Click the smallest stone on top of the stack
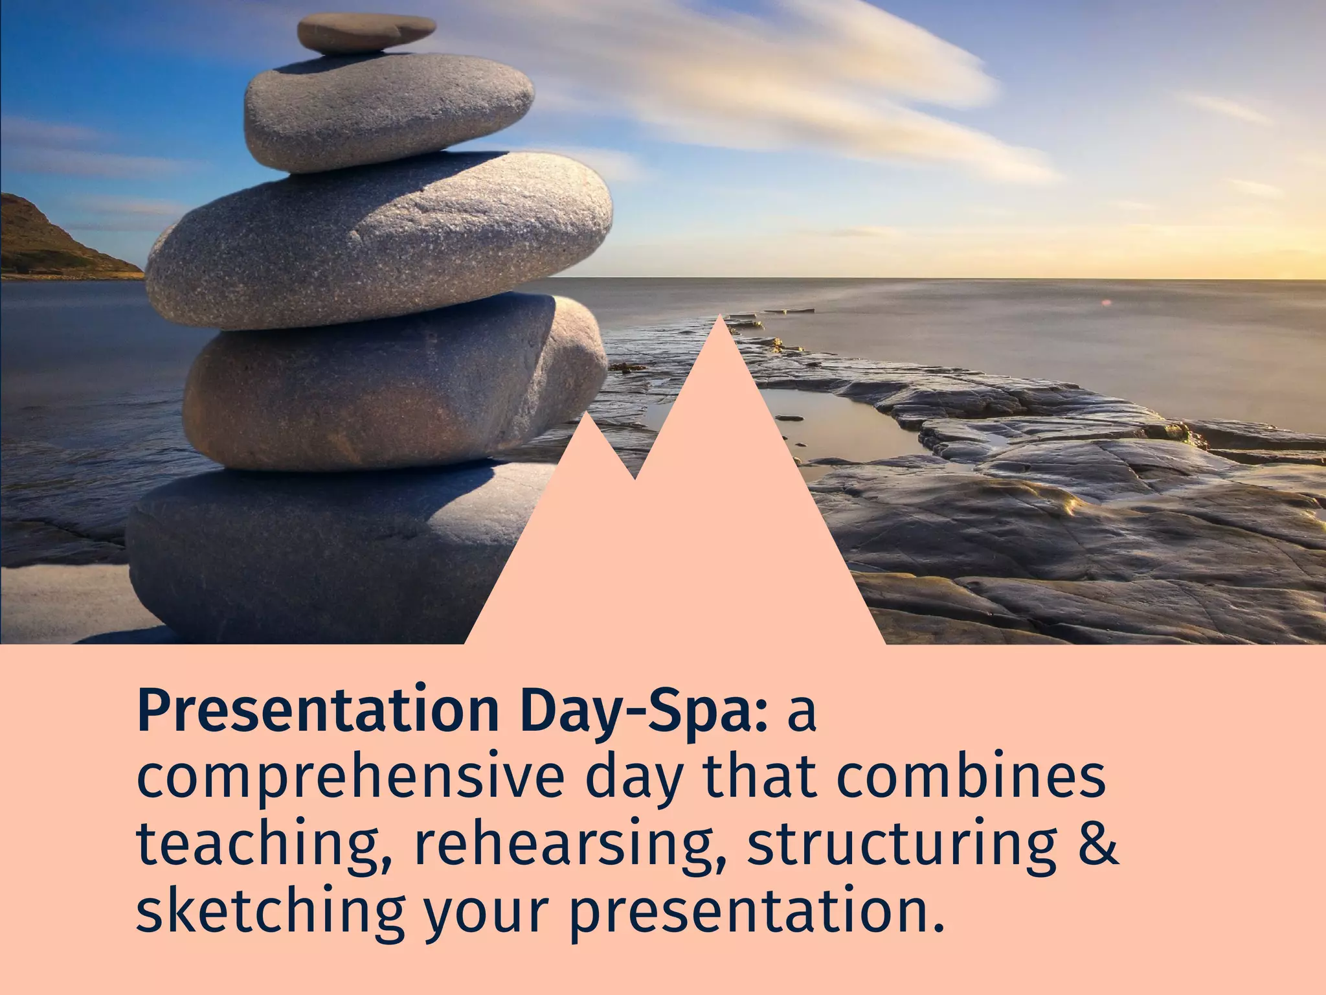(x=367, y=33)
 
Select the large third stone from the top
(x=379, y=240)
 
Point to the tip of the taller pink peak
(x=720, y=319)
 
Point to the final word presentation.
(x=754, y=910)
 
